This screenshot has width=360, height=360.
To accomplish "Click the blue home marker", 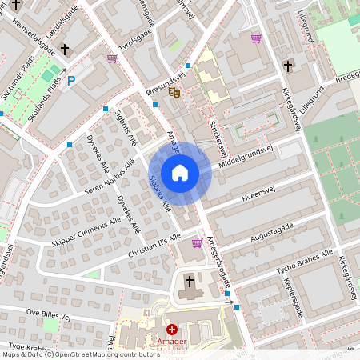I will (180, 173).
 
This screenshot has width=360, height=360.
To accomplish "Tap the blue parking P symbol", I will (71, 80).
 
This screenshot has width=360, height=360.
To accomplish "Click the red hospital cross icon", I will (171, 329).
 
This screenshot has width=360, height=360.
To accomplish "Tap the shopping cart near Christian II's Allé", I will (197, 242).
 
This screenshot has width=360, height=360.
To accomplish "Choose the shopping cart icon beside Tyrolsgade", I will (111, 58).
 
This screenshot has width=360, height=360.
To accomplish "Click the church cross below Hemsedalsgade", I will (65, 49).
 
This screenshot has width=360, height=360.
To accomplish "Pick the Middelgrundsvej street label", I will (246, 157).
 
